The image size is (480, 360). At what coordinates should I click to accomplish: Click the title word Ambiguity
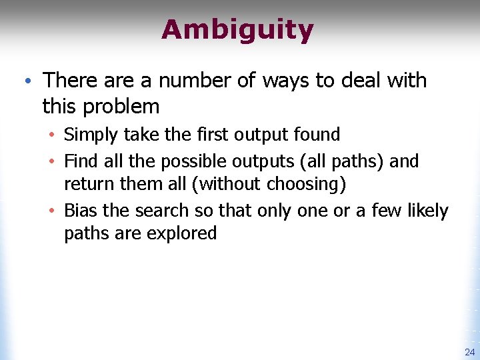point(237,30)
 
